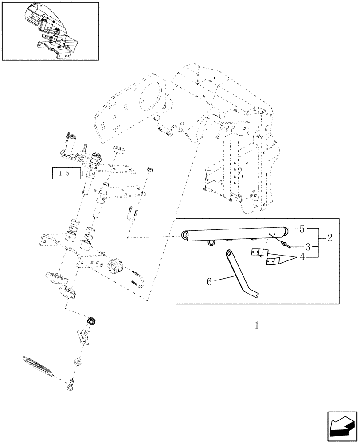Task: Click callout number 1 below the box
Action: (257, 325)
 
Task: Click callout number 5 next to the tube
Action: (302, 229)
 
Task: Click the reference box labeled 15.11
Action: (70, 174)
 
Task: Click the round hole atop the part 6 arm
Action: (229, 253)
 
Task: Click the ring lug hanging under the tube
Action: (211, 242)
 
